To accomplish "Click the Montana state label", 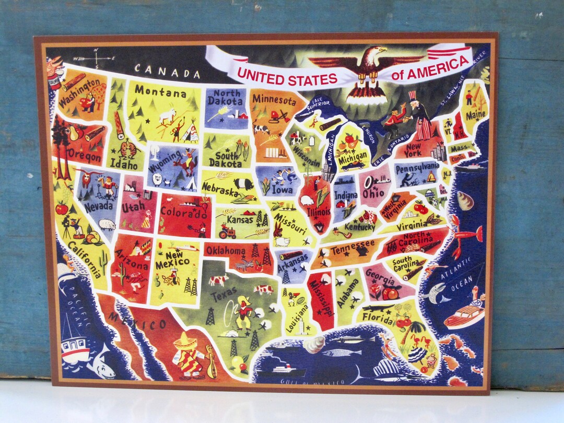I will (160, 92).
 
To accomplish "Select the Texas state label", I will (224, 296).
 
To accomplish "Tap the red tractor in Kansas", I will (227, 231).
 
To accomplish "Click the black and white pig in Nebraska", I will (243, 183).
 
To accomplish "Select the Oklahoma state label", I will (226, 251).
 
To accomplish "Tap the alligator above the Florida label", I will (379, 308).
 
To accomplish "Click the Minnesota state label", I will (273, 99).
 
